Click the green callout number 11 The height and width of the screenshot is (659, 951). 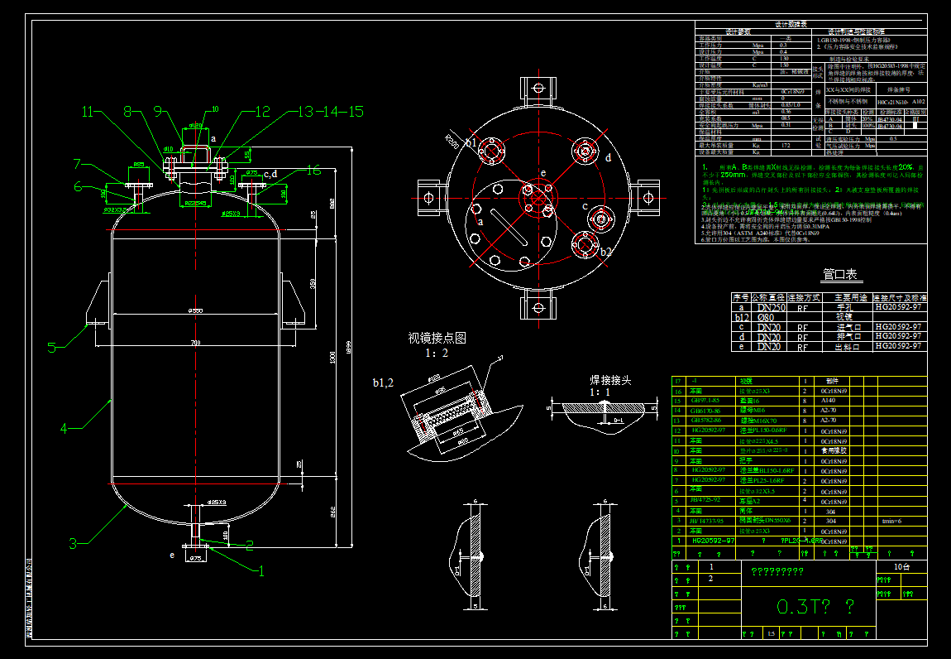[x=88, y=111]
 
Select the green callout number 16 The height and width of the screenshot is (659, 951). [x=313, y=171]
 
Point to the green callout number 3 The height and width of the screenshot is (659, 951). [x=73, y=543]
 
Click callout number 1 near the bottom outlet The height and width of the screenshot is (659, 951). [x=261, y=570]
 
